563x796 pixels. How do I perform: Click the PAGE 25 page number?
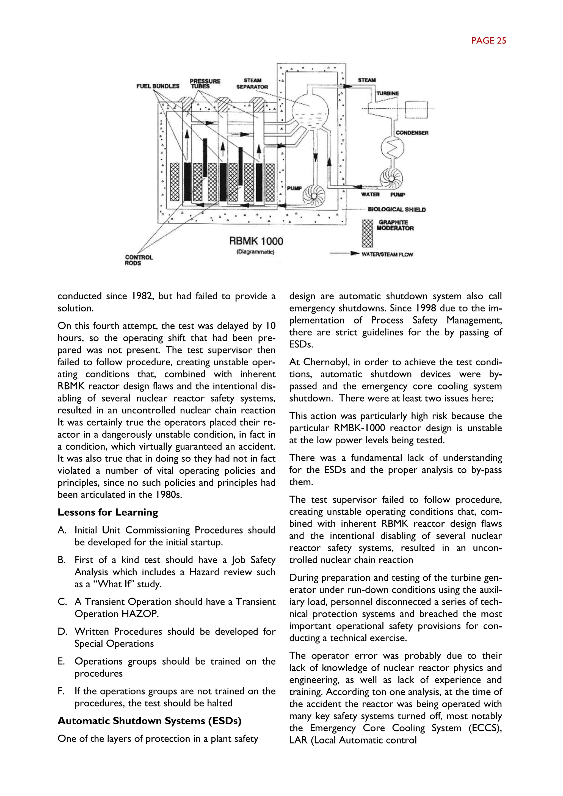coord(489,41)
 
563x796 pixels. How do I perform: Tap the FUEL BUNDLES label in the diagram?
coord(158,86)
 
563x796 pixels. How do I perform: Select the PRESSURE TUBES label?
coord(205,84)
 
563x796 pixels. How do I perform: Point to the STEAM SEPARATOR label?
coord(252,84)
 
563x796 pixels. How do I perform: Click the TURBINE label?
coord(388,93)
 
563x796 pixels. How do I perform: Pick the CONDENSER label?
coord(412,133)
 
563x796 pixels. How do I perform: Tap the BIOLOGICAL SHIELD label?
coord(397,209)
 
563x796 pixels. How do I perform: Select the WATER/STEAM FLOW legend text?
coord(387,255)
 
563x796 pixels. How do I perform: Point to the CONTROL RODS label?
coord(139,260)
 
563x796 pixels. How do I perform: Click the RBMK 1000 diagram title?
coord(256,241)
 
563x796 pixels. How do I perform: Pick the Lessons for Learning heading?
coord(108,512)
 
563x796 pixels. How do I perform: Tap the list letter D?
coord(62,631)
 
